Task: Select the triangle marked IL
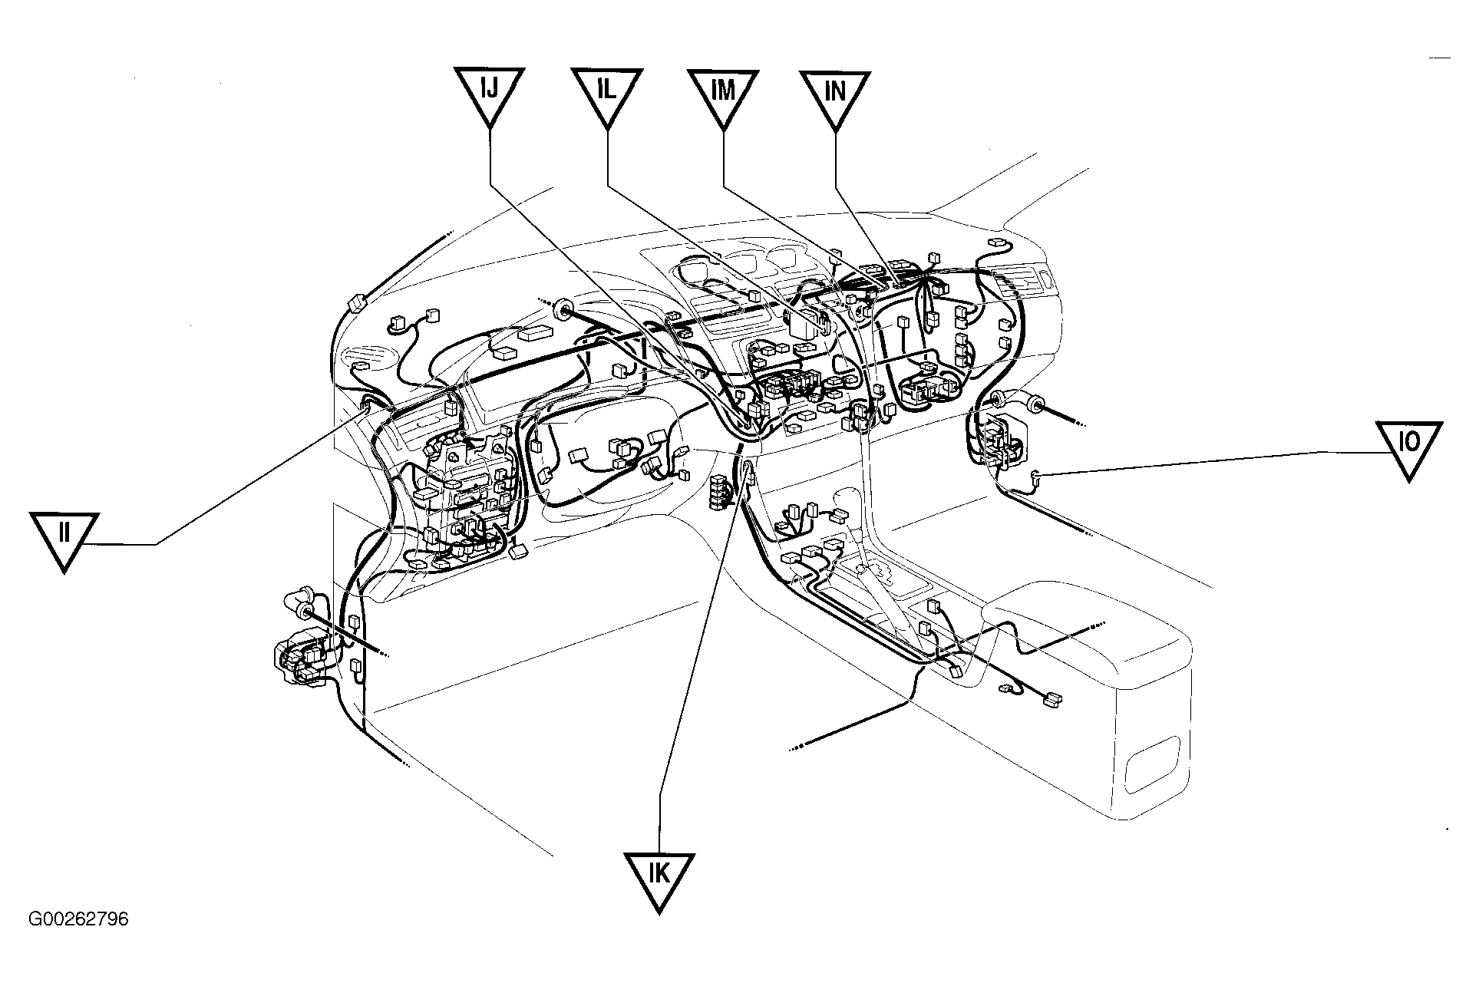point(606,94)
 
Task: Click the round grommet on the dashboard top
point(566,310)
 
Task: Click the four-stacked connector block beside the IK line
point(718,491)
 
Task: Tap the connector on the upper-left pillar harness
point(356,302)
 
